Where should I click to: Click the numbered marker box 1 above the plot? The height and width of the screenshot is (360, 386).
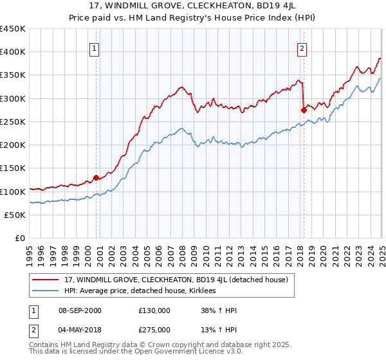pyautogui.click(x=95, y=47)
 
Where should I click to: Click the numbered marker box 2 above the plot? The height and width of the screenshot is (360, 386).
pyautogui.click(x=302, y=47)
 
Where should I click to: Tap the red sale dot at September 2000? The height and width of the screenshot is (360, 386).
pyautogui.click(x=96, y=177)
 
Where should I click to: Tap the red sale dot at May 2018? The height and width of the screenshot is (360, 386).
pyautogui.click(x=304, y=110)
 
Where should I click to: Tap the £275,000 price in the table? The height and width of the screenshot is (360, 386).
pyautogui.click(x=154, y=331)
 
